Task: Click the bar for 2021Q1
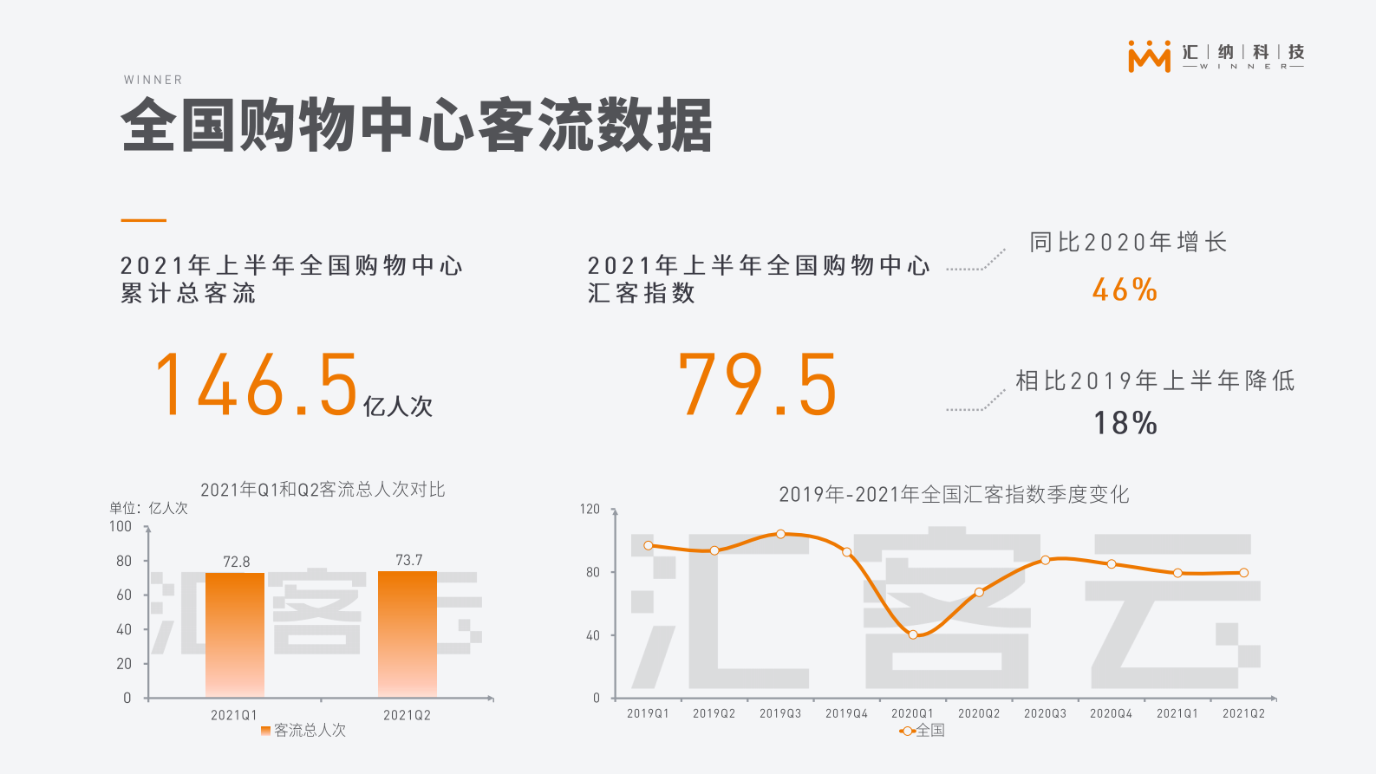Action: [235, 634]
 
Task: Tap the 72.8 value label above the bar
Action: [236, 562]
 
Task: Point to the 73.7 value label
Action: [408, 560]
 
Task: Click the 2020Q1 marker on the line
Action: [913, 634]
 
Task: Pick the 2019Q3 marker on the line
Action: [780, 534]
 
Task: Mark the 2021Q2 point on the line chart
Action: [1243, 573]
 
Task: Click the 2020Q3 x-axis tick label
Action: [1045, 713]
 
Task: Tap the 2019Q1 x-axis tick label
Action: [648, 713]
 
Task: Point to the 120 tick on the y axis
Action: [590, 509]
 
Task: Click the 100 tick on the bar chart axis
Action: [121, 526]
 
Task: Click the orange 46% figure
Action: [1125, 289]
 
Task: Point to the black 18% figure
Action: [1125, 423]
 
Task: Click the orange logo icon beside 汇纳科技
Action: [1149, 55]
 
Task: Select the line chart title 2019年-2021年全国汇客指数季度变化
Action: [954, 494]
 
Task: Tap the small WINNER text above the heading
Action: [153, 80]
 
